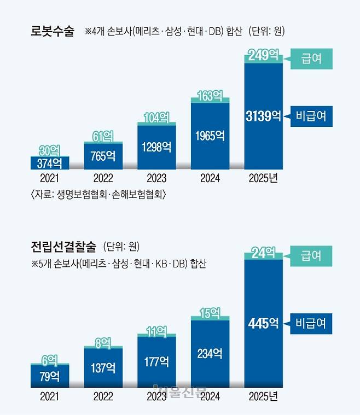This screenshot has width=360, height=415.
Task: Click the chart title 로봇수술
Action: (x=52, y=31)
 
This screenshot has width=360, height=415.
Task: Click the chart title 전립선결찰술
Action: (x=63, y=247)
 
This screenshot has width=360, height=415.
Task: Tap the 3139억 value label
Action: (x=264, y=116)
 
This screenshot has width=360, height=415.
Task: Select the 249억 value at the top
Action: (x=264, y=55)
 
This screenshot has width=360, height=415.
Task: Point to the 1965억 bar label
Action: (x=210, y=135)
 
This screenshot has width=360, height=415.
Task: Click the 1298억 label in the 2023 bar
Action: (x=156, y=147)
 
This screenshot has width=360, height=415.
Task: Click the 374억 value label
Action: (x=49, y=163)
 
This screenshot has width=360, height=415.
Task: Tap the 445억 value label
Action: (x=264, y=324)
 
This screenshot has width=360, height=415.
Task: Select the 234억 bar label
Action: (x=210, y=353)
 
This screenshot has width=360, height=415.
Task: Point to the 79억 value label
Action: (x=49, y=376)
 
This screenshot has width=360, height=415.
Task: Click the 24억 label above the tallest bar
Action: (x=264, y=253)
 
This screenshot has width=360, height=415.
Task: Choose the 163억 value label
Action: (x=210, y=96)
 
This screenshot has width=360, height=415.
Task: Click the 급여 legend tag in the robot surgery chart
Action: (x=311, y=59)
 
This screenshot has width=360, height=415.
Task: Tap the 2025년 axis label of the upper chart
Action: (x=264, y=178)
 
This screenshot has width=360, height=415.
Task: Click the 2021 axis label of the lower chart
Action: (x=49, y=395)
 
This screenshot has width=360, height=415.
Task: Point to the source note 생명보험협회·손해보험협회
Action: (x=98, y=195)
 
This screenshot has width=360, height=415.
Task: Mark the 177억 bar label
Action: (x=156, y=361)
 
